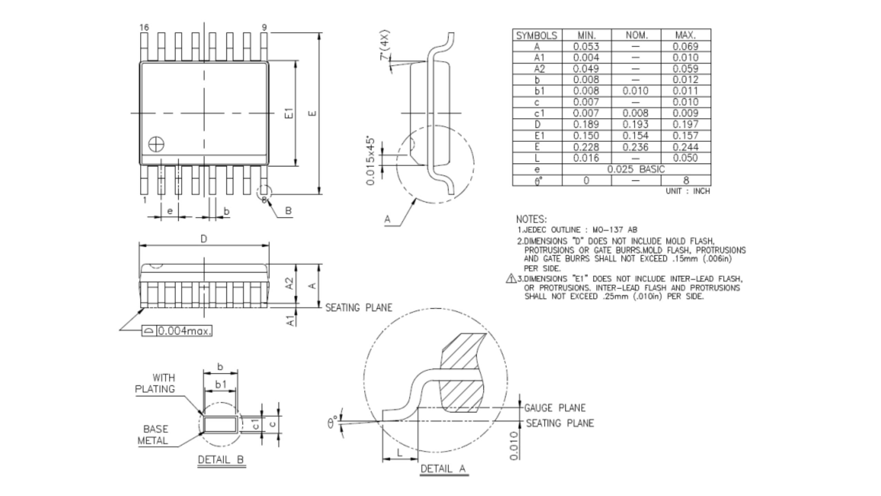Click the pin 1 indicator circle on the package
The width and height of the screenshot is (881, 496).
[x=156, y=145]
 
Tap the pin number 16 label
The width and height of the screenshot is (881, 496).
[x=144, y=28]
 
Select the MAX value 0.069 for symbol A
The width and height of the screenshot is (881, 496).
[x=685, y=46]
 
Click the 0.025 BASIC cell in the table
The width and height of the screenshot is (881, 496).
[x=636, y=169]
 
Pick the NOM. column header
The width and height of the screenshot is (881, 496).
[x=636, y=35]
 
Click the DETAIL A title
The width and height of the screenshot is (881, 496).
[x=443, y=468]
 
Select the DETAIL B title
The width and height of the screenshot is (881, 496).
[x=221, y=459]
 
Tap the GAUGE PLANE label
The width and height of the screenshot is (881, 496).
[x=554, y=408]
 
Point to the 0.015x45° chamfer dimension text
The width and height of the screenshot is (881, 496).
[x=371, y=161]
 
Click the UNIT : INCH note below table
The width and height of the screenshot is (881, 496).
[x=688, y=191]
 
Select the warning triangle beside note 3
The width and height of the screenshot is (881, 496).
[x=511, y=278]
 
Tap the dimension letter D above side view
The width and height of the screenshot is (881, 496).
[x=204, y=239]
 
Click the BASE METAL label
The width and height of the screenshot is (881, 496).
[x=153, y=435]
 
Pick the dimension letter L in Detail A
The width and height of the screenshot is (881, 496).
[x=400, y=453]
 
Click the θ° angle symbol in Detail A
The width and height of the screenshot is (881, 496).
[x=331, y=422]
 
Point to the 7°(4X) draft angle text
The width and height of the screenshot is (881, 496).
[x=385, y=45]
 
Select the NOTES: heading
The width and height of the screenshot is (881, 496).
[x=531, y=219]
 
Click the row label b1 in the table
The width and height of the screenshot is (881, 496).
[x=539, y=91]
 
